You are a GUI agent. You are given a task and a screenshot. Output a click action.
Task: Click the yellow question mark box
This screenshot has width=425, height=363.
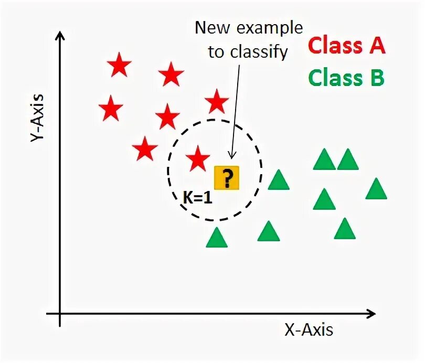227,178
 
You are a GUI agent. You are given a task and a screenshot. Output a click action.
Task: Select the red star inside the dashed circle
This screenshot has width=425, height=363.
198,158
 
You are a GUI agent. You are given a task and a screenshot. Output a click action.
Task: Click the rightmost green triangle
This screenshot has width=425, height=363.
376,190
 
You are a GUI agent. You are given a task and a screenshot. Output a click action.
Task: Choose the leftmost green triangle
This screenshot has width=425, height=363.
216,238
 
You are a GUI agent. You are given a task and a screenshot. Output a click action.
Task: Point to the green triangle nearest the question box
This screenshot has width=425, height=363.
279,180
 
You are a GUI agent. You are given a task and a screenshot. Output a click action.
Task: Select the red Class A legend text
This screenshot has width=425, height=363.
346,46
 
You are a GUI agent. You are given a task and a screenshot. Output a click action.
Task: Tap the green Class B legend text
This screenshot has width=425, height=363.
346,78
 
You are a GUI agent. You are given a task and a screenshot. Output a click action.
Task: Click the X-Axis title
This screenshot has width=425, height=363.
309,330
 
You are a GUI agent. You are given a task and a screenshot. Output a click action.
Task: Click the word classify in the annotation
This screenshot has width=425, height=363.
263,52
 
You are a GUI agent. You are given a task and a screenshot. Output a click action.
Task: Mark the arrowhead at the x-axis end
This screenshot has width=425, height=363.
371,314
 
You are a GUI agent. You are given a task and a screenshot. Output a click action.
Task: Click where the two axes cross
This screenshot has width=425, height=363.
60,314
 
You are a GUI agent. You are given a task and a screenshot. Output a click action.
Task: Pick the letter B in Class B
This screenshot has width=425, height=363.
375,78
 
